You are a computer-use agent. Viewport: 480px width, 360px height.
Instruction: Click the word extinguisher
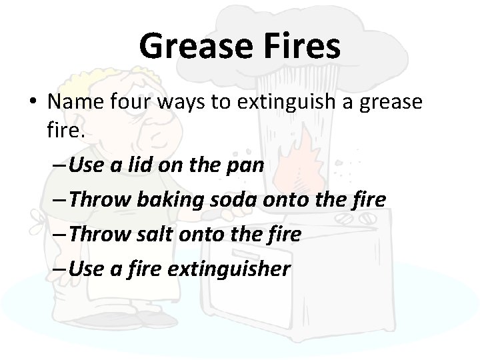click(x=235, y=269)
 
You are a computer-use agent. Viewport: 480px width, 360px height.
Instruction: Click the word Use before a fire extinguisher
click(x=85, y=269)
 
